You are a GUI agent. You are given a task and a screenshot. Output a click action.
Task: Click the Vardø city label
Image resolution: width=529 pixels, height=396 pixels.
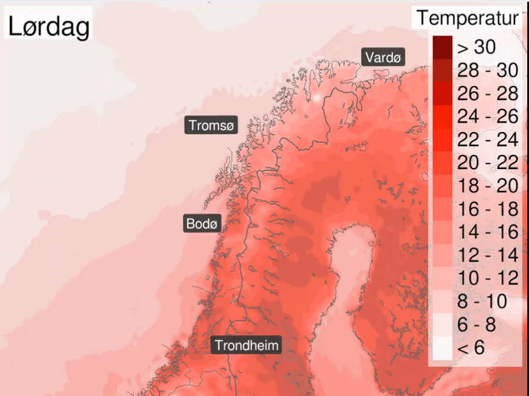pyautogui.click(x=383, y=58)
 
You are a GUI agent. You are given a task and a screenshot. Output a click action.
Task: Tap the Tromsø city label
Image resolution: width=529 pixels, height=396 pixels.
pyautogui.click(x=211, y=125)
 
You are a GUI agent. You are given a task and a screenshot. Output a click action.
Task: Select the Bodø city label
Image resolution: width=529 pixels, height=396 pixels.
pyautogui.click(x=202, y=223)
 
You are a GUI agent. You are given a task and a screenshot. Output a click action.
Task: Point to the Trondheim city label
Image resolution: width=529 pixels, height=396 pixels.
pyautogui.click(x=247, y=345)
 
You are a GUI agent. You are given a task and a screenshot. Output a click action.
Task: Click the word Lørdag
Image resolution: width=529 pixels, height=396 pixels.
pyautogui.click(x=49, y=26)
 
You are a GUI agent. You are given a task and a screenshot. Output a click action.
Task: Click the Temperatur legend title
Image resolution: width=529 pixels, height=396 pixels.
pyautogui.click(x=467, y=18)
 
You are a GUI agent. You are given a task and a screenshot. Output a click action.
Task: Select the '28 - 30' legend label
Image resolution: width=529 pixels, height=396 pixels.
pyautogui.click(x=487, y=70)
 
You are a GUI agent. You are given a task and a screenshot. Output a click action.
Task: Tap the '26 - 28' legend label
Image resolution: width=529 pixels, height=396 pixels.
pyautogui.click(x=487, y=94)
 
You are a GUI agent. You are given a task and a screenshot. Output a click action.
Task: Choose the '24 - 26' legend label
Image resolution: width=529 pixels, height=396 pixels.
pyautogui.click(x=487, y=116)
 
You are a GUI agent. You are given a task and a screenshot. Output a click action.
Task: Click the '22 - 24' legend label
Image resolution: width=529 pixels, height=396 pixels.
pyautogui.click(x=487, y=140)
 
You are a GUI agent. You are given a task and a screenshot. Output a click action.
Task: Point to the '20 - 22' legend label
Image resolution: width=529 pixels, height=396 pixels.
pyautogui.click(x=487, y=163)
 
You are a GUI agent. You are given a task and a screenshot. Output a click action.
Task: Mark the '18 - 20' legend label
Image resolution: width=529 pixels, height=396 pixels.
pyautogui.click(x=487, y=185)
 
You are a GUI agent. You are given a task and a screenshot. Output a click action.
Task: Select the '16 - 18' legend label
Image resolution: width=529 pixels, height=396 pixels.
pyautogui.click(x=487, y=209)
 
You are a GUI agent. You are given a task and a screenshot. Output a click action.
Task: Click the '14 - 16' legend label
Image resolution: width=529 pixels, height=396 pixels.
pyautogui.click(x=487, y=232)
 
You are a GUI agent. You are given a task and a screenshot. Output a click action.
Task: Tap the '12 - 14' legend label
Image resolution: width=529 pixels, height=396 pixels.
pyautogui.click(x=487, y=255)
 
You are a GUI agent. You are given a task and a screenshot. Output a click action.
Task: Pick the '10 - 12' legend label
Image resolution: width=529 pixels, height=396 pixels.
pyautogui.click(x=487, y=278)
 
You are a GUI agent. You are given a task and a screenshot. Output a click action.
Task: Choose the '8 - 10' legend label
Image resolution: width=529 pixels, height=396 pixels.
pyautogui.click(x=482, y=301)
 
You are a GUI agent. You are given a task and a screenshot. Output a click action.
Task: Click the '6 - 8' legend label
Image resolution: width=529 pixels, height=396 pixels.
pyautogui.click(x=477, y=324)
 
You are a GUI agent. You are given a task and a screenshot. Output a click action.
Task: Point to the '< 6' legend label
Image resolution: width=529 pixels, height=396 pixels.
pyautogui.click(x=471, y=348)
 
